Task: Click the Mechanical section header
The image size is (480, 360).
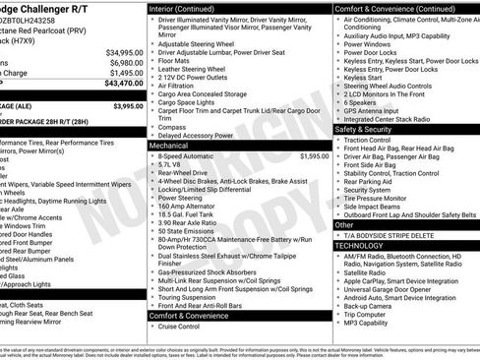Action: tap(169, 145)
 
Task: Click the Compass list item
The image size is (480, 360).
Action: tap(171, 126)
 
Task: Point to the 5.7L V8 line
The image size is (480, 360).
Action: tap(172, 165)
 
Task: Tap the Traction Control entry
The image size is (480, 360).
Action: tap(370, 140)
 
